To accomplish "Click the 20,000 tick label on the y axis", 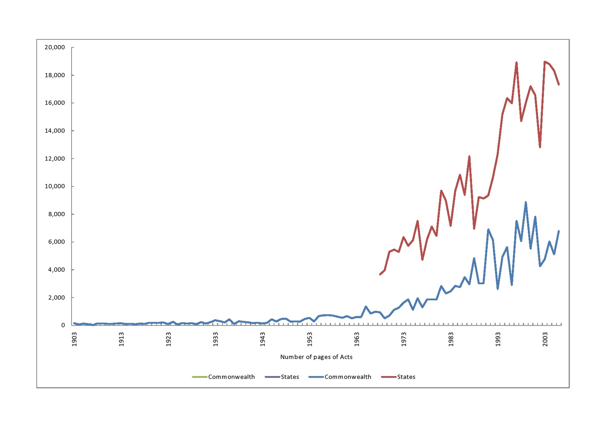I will [55, 47].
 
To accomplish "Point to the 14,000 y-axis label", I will [55, 131].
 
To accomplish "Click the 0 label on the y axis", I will [63, 326].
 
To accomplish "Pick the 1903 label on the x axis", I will [75, 339].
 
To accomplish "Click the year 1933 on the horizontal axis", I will [216, 339].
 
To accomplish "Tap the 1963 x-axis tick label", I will [357, 339].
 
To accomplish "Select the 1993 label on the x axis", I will [498, 339].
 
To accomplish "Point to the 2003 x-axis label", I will [545, 339].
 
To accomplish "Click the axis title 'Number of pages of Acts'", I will [316, 357].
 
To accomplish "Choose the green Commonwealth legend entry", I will [224, 377].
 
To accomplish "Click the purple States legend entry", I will [282, 377].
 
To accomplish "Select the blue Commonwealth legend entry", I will [340, 377].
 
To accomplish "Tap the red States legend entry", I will [398, 377].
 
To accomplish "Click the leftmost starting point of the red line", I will [380, 275].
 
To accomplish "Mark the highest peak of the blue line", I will [526, 202].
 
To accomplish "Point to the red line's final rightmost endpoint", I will [559, 85].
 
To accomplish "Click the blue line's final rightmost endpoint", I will [559, 231].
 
